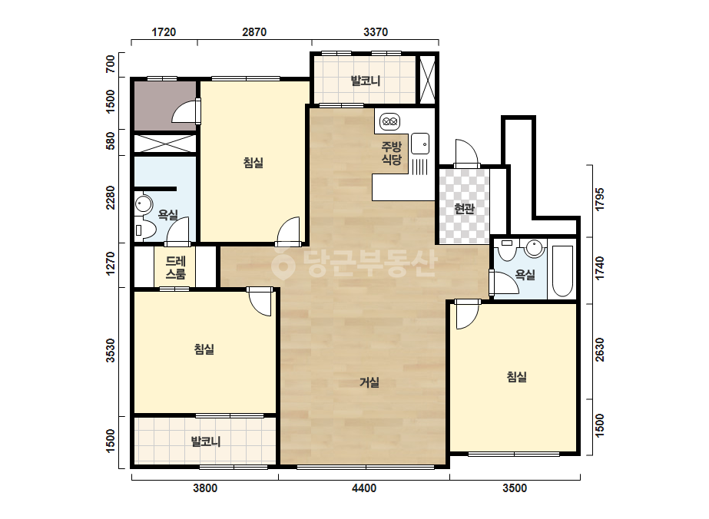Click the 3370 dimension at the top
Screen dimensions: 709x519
click(376, 32)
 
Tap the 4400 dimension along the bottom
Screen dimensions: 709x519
click(364, 488)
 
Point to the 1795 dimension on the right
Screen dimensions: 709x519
click(600, 200)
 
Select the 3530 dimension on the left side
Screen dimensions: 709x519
click(111, 350)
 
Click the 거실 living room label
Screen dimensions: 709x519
click(369, 382)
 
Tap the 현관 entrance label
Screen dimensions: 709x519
click(465, 209)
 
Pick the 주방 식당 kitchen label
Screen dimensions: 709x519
click(392, 153)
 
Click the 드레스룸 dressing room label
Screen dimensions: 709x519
click(175, 268)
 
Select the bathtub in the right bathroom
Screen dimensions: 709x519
click(562, 271)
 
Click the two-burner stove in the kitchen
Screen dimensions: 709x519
click(389, 121)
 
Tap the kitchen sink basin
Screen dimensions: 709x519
click(420, 144)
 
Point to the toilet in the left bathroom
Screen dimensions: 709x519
click(144, 230)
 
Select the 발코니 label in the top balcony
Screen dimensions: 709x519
click(366, 81)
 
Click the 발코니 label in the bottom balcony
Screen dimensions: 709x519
click(206, 441)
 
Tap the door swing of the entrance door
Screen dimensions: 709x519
click(466, 154)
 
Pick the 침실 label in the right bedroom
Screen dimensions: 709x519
click(517, 377)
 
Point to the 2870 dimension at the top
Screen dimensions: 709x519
click(254, 32)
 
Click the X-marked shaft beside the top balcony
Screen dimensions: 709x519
click(427, 80)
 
